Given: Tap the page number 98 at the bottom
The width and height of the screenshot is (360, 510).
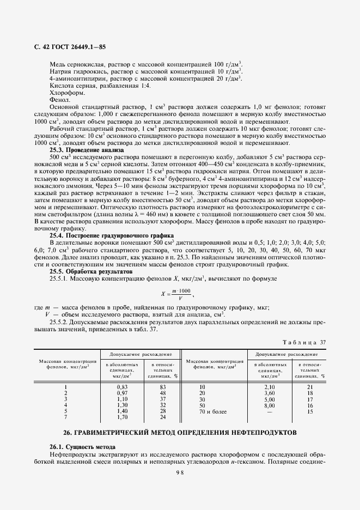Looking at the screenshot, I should coord(180,473).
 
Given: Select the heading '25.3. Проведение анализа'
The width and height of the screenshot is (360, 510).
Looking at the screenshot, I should coord(87,149).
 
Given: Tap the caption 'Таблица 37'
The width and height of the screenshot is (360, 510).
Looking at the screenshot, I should coord(304,342).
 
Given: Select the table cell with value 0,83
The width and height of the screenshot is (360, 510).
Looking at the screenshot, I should coord(122,386).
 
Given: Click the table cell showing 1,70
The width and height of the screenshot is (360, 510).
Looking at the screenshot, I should coord(122,417).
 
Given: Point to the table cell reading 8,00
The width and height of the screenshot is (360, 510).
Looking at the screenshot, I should coord(270,405).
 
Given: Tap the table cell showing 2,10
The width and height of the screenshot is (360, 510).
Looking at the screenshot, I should coord(270,386).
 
